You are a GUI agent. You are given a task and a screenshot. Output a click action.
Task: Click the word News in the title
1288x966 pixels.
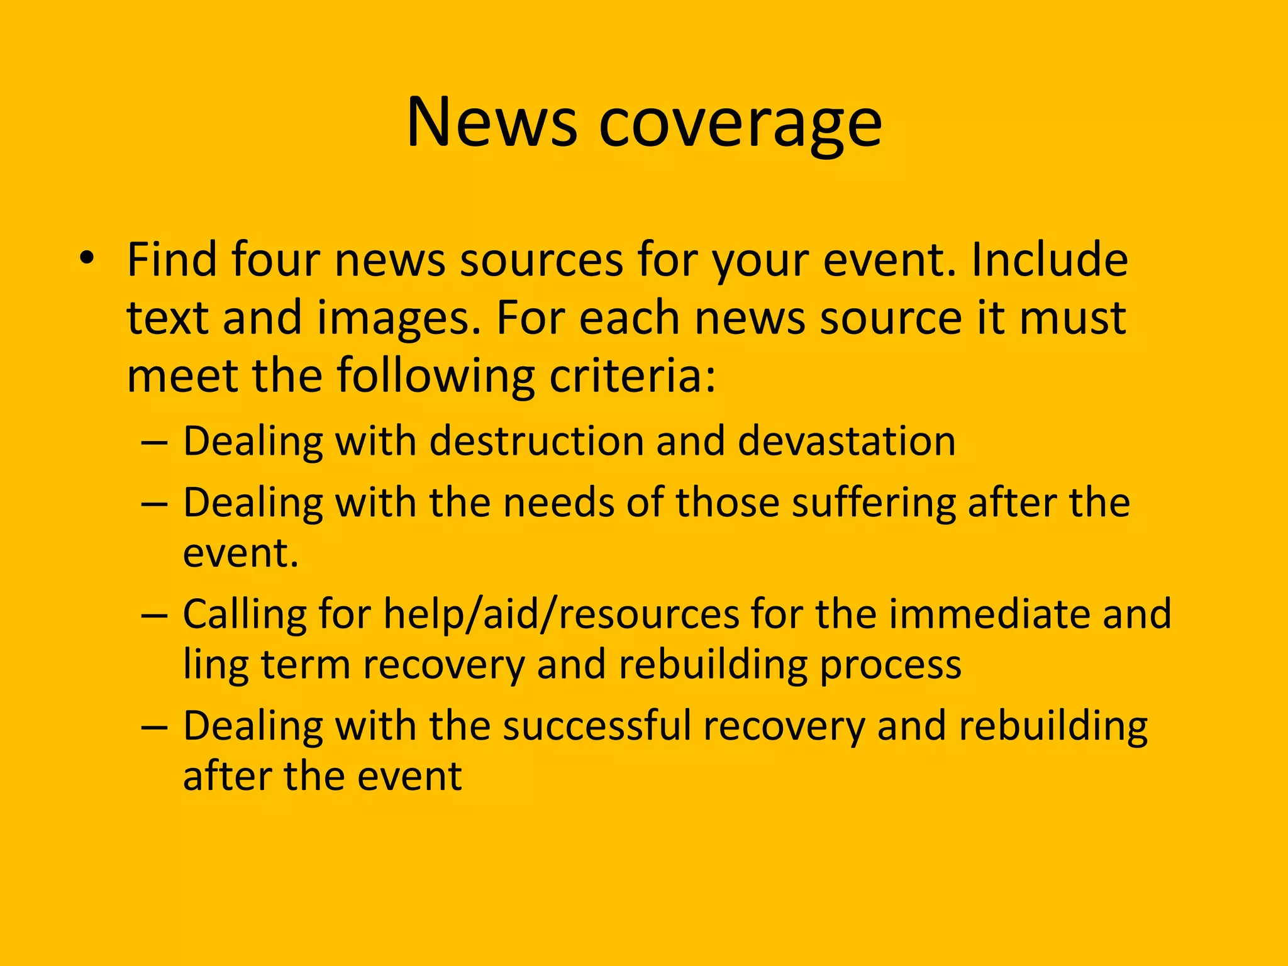(491, 123)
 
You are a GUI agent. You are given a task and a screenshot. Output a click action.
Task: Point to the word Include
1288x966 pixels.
(1049, 260)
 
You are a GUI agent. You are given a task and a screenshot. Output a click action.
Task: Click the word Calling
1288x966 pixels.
(245, 615)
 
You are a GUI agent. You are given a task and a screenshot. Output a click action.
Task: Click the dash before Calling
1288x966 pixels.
(154, 614)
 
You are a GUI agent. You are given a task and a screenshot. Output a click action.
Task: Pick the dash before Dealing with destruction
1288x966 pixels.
(154, 441)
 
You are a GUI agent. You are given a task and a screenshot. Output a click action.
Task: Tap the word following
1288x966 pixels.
(435, 376)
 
